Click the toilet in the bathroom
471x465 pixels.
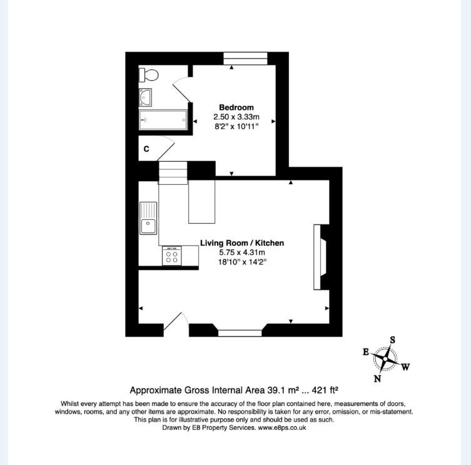pos(149,75)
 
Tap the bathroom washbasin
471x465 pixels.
pos(145,98)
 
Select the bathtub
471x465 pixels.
pos(163,119)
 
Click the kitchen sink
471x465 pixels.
pos(148,218)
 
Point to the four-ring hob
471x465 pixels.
pos(171,257)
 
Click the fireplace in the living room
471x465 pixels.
pos(320,256)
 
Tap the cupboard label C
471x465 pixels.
pos(146,149)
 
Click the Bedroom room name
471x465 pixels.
pos(236,107)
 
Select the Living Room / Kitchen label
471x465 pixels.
pos(242,243)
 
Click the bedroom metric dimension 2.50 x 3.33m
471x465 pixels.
pos(236,117)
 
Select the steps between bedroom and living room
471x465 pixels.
pos(173,173)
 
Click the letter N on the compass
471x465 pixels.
pos(377,378)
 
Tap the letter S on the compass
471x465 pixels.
pos(392,340)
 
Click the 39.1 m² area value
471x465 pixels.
pos(278,389)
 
